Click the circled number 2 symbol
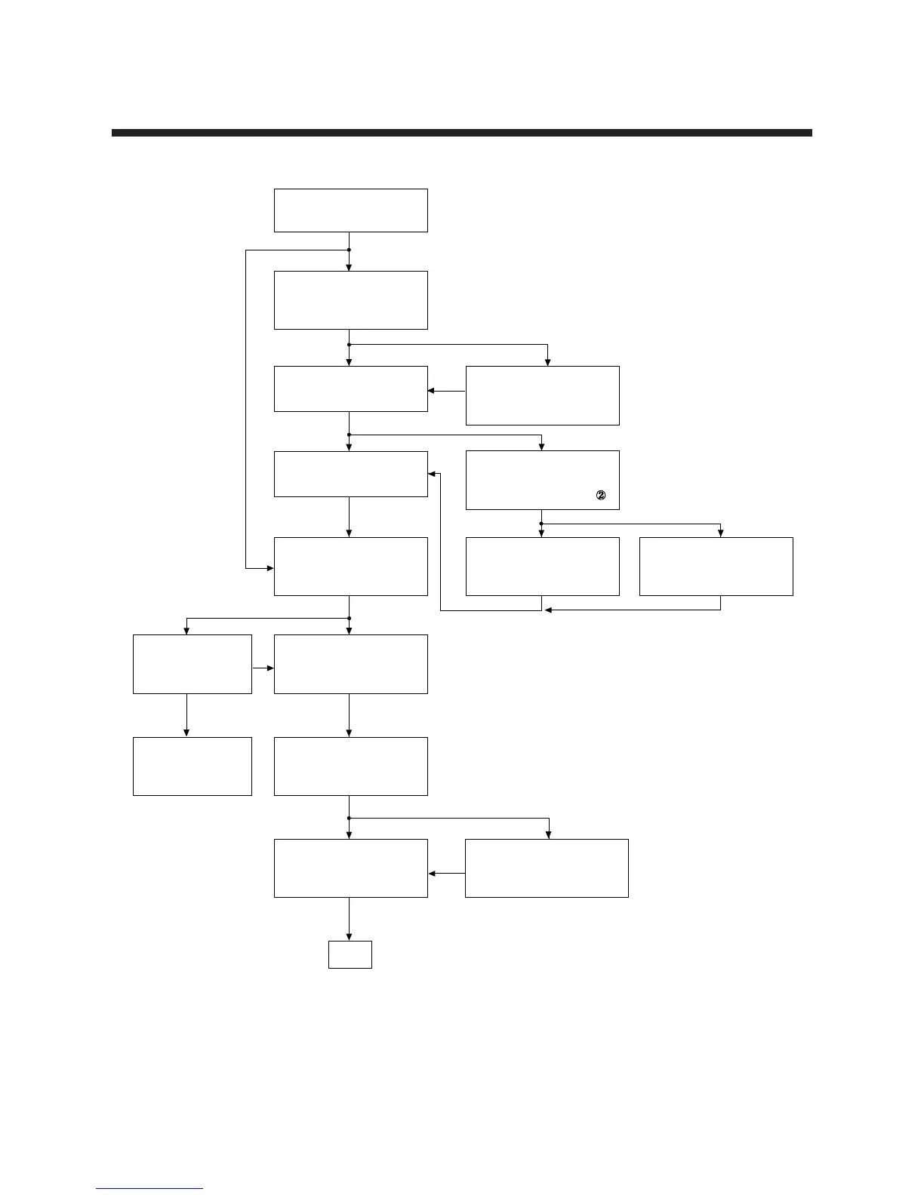click(x=601, y=496)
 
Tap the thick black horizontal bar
click(x=461, y=133)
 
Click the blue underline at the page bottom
click(x=149, y=1189)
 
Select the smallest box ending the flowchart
click(x=350, y=954)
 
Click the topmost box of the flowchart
click(x=350, y=210)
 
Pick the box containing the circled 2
click(x=542, y=480)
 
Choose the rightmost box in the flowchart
click(x=716, y=567)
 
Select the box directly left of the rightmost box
click(x=542, y=567)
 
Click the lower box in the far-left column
click(x=192, y=766)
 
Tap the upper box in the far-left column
click(x=192, y=664)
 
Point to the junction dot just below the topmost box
click(x=349, y=250)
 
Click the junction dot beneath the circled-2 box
click(x=541, y=524)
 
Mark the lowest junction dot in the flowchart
click(x=349, y=818)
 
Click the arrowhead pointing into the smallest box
click(x=349, y=937)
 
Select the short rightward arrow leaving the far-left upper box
click(x=264, y=668)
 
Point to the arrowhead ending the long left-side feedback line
click(x=269, y=567)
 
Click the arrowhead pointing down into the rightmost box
click(x=721, y=533)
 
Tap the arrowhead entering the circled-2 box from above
click(x=541, y=447)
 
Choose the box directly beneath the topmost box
click(x=350, y=300)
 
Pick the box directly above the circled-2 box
click(x=542, y=395)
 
